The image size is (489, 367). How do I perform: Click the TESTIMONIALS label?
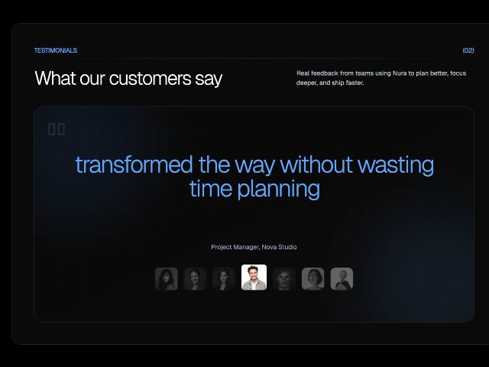point(56,50)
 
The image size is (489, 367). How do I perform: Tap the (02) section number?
point(468,50)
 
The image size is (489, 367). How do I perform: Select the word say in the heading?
point(209,78)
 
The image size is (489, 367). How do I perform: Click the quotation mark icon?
point(57,129)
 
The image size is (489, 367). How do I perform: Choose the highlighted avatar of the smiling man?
point(254,277)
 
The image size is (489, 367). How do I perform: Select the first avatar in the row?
point(167,278)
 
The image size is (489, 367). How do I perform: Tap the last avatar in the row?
point(342,278)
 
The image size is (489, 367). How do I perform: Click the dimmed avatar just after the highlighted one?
point(283,278)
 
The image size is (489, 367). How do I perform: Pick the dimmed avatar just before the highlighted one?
point(224,278)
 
